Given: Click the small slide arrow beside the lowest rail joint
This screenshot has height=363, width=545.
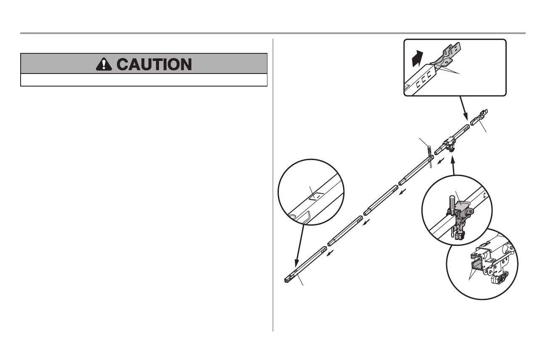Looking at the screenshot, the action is click(x=332, y=253).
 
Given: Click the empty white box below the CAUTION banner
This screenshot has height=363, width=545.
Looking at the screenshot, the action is click(x=144, y=80).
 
